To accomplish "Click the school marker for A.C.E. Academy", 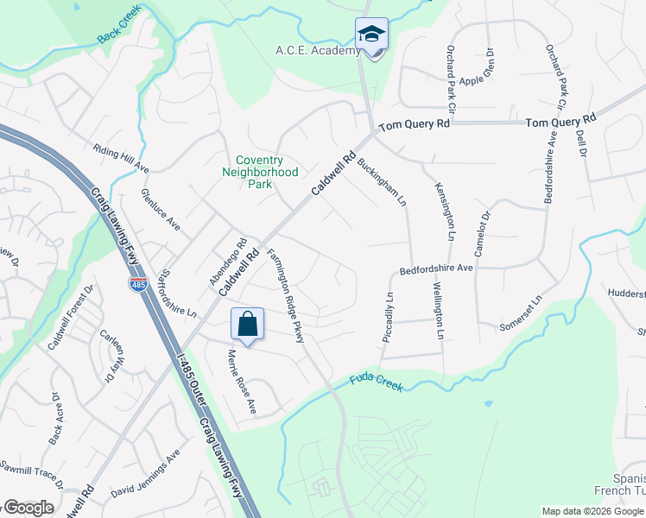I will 372,35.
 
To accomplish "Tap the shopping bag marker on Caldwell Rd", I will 247,325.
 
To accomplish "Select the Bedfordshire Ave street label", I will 436,269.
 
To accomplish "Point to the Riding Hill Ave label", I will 122,158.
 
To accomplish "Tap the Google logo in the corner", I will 29,508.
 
